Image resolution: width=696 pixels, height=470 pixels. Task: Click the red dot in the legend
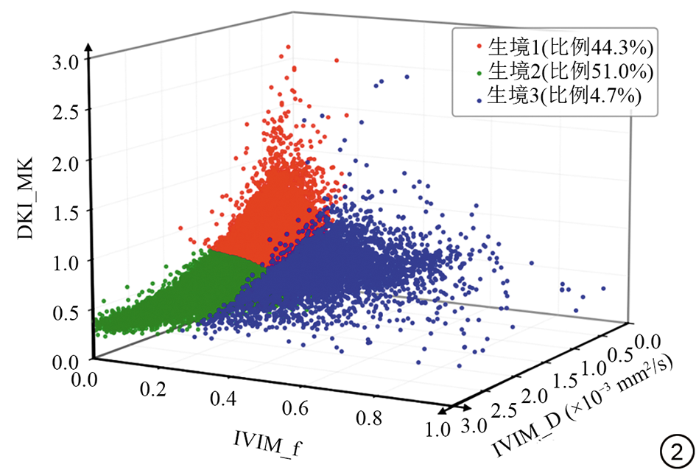pyautogui.click(x=479, y=46)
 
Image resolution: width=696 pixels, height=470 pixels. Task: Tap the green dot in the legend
pyautogui.click(x=479, y=72)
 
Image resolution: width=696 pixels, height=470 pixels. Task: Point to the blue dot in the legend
pyautogui.click(x=479, y=96)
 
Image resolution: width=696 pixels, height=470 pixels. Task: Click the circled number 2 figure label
pyautogui.click(x=675, y=449)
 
